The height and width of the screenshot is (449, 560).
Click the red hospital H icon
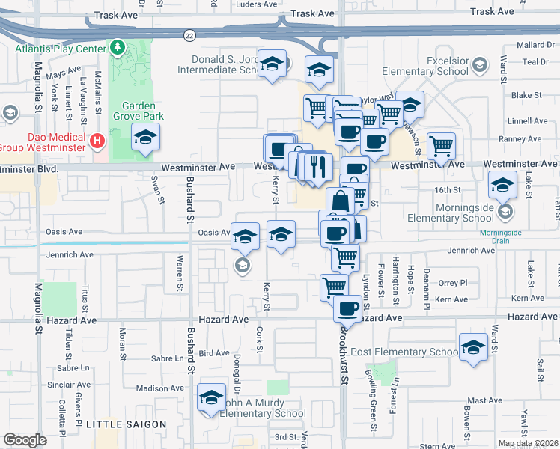coord(97,141)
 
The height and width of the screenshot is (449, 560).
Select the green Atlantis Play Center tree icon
coord(117,49)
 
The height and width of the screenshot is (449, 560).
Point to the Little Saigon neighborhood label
coord(127,424)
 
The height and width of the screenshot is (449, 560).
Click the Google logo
coord(25,440)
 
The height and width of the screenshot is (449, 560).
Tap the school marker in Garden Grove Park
coord(145,138)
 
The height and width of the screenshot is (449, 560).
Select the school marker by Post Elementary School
coord(473,347)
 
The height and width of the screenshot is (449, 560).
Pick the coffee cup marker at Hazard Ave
coord(347,307)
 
